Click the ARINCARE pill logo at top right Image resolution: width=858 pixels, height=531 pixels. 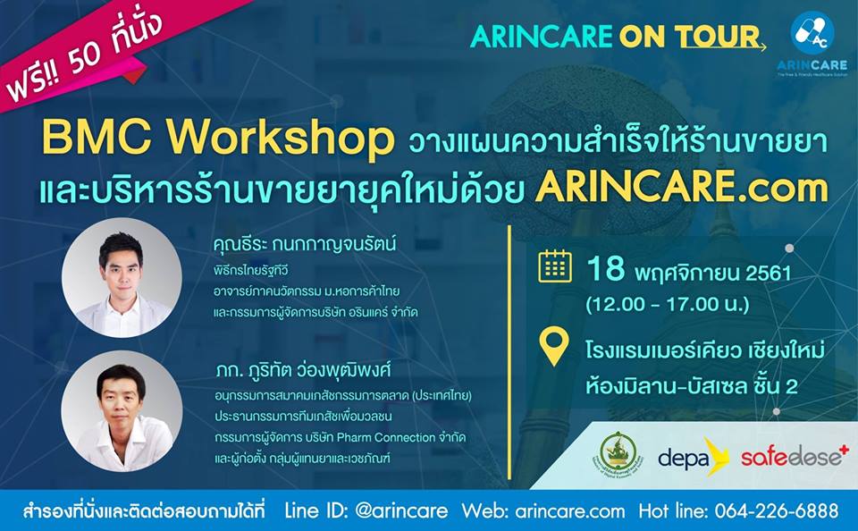click(816, 38)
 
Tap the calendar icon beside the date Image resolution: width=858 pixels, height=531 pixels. click(555, 266)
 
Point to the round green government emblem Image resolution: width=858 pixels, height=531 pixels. click(618, 455)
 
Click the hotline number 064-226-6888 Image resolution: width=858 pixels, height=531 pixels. click(783, 511)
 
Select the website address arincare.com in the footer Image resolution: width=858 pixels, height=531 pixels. click(569, 511)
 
